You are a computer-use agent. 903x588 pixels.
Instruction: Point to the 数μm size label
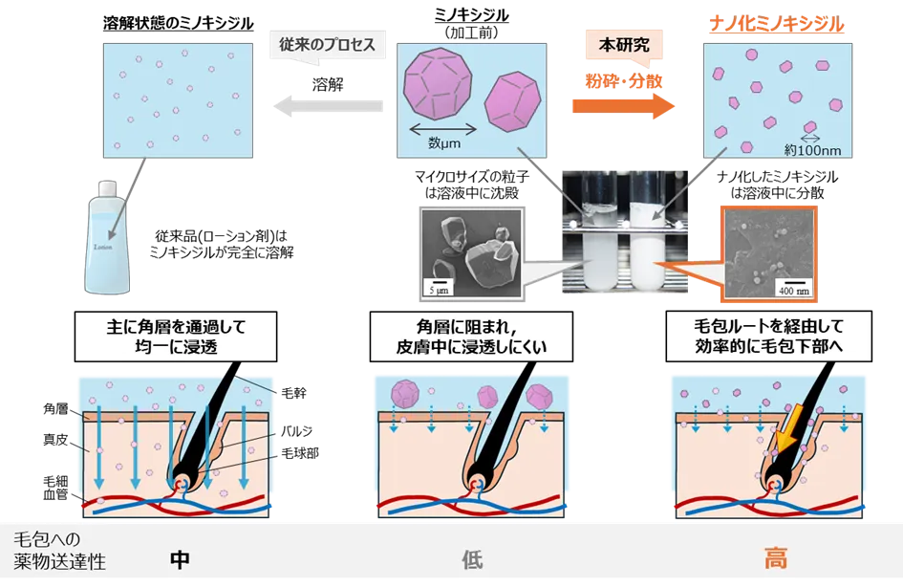[445, 143]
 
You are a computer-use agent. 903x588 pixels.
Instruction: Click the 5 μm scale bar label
[436, 286]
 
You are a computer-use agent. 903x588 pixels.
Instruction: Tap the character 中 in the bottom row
[179, 557]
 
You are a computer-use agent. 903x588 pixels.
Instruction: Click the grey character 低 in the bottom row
[469, 557]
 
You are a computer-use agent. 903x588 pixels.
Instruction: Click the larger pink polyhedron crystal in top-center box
[440, 89]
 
